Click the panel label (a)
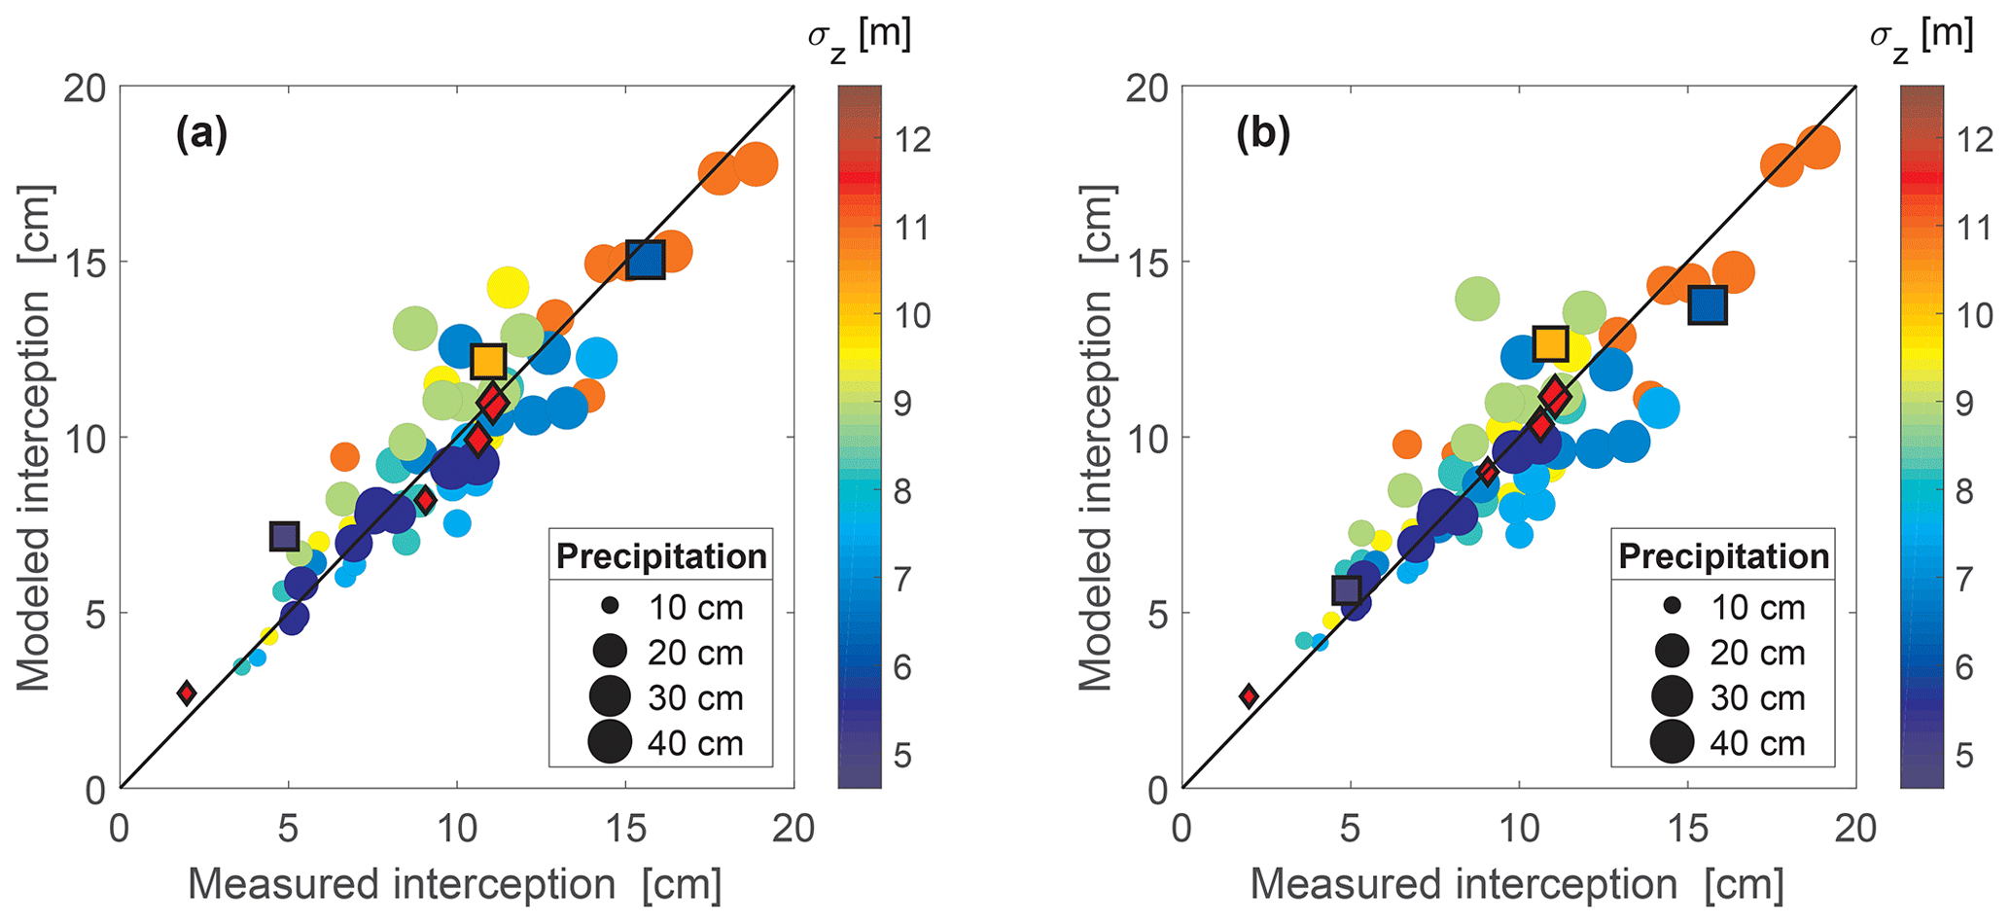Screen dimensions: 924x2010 tap(201, 134)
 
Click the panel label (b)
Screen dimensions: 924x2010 tap(1263, 134)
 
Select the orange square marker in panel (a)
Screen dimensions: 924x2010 tap(488, 361)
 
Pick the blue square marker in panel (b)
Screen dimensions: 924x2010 tap(1708, 305)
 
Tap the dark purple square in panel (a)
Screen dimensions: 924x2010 tap(284, 536)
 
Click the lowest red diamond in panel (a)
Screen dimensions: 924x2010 tap(187, 693)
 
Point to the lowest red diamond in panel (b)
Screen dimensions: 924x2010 tap(1249, 695)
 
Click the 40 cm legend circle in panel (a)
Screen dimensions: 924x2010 tap(611, 743)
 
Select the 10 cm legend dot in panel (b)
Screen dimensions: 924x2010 tap(1673, 606)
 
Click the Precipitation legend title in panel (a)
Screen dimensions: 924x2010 tap(661, 556)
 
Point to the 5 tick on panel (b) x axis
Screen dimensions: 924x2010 tap(1350, 829)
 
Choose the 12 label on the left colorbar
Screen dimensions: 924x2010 tap(911, 139)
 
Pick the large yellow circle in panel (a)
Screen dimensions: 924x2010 tap(508, 288)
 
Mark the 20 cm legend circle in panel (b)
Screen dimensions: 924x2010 tap(1673, 651)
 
